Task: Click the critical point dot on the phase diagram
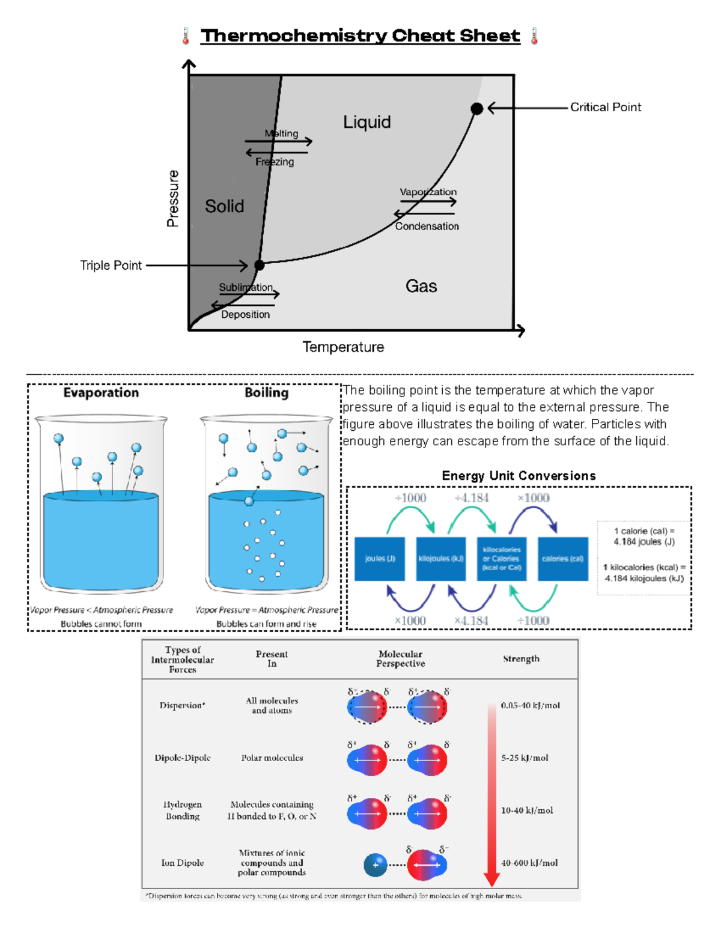click(x=476, y=109)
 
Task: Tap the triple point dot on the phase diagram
click(x=260, y=265)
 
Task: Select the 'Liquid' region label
click(x=367, y=123)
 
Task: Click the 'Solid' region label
click(x=224, y=207)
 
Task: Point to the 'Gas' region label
click(x=421, y=286)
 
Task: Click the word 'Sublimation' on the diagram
click(x=245, y=287)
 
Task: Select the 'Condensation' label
click(x=427, y=226)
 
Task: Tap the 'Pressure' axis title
click(x=173, y=198)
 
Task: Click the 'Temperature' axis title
click(x=343, y=347)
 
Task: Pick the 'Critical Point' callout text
click(x=605, y=108)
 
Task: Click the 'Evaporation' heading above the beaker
click(x=101, y=393)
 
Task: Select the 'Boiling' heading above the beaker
click(x=266, y=393)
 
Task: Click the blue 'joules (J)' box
click(x=380, y=559)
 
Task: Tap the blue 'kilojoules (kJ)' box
click(x=441, y=559)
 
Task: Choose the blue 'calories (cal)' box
click(x=562, y=559)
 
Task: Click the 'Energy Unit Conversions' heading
click(x=519, y=476)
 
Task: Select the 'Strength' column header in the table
click(x=521, y=659)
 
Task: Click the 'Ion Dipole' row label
click(x=182, y=863)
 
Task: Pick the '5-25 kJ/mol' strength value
click(x=525, y=758)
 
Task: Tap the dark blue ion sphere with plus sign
click(x=376, y=865)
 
